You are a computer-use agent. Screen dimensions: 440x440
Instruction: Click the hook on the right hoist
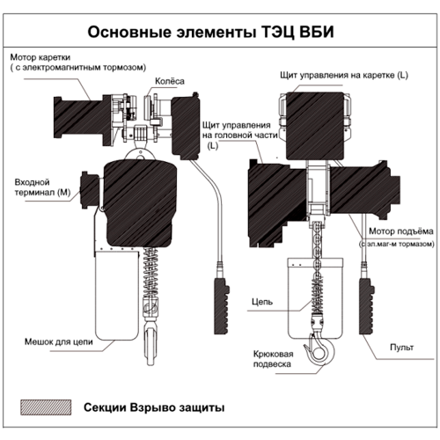[319, 353]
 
